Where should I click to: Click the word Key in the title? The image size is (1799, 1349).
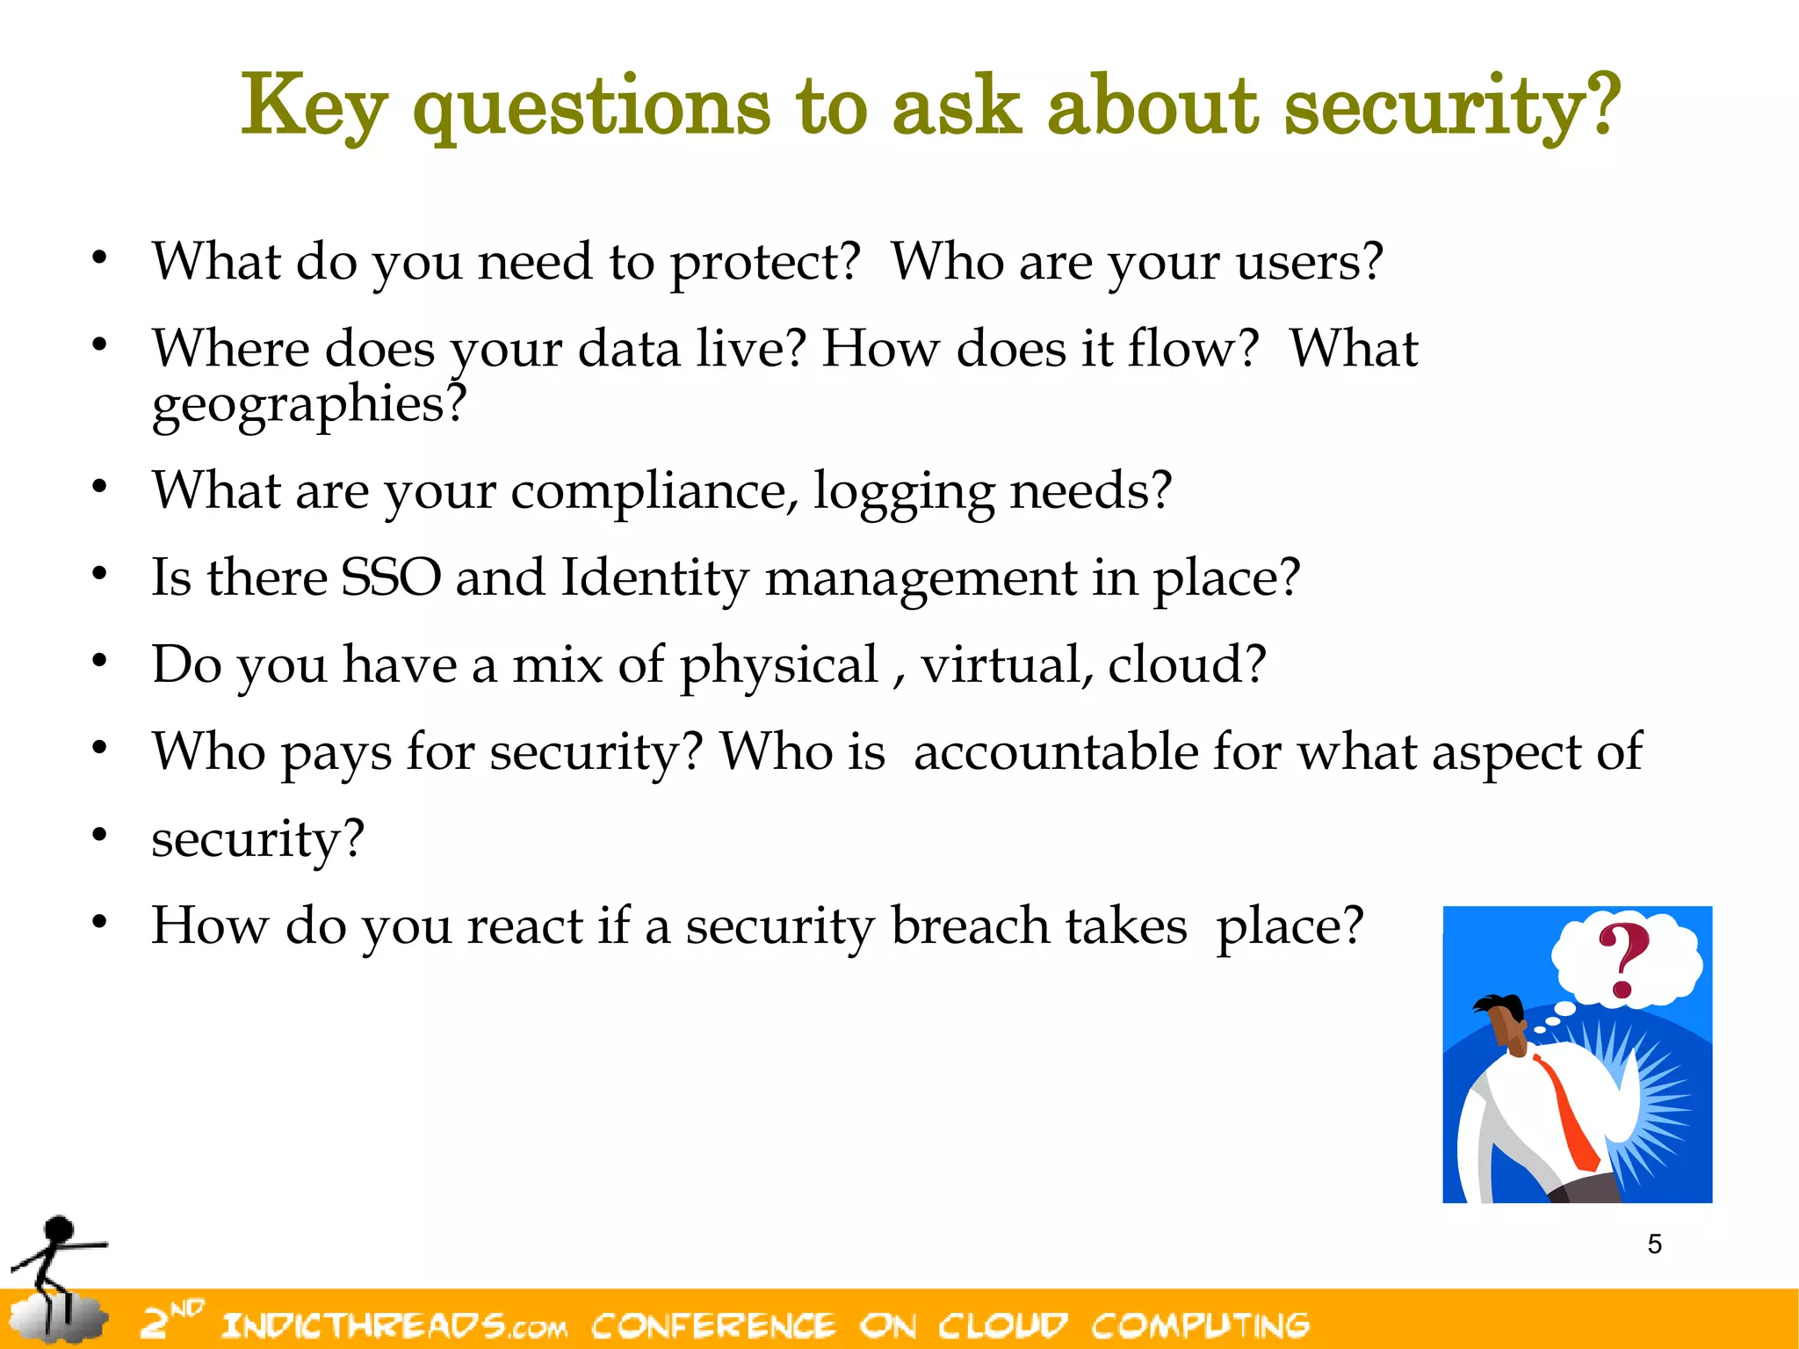point(313,107)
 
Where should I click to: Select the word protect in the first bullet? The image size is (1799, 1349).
point(763,263)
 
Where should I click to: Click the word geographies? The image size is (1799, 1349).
point(308,405)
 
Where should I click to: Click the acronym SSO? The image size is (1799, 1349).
point(390,578)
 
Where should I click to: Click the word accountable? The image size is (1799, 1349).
point(1055,752)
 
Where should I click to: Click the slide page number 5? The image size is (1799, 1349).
point(1654,1244)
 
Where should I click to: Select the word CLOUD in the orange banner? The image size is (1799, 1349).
point(1002,1325)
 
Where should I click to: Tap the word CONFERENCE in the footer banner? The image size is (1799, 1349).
point(712,1325)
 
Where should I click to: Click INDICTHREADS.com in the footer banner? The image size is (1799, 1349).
point(394,1325)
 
